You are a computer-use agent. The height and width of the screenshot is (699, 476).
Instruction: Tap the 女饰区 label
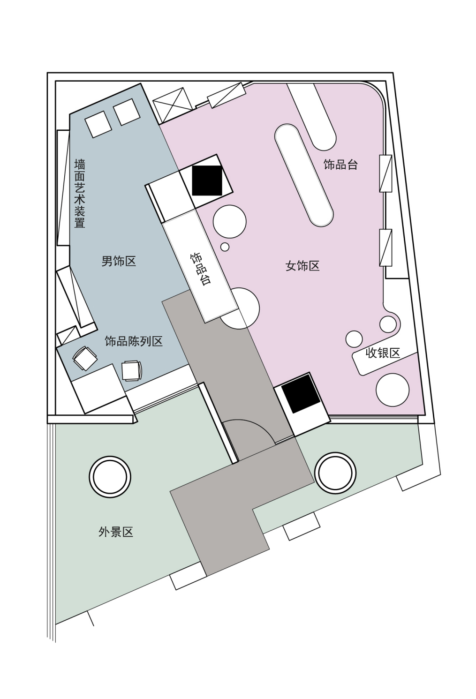click(302, 266)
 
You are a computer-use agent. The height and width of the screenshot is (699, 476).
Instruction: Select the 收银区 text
click(383, 353)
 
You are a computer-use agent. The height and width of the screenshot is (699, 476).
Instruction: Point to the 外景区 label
click(116, 532)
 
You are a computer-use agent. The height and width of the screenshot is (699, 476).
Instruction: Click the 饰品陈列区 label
click(134, 341)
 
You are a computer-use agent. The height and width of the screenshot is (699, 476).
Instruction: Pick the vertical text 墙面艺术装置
click(80, 194)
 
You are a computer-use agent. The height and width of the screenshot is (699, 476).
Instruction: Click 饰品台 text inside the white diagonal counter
click(200, 269)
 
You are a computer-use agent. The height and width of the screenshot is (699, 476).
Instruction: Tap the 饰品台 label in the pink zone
click(340, 165)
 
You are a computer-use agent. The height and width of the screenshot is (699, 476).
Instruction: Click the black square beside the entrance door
click(300, 394)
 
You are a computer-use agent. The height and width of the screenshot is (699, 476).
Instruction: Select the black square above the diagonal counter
click(207, 180)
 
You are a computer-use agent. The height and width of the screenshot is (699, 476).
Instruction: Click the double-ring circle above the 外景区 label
click(110, 476)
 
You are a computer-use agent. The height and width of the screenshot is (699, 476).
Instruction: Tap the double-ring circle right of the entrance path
click(335, 473)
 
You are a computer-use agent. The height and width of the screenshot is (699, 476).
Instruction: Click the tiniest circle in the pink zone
click(225, 247)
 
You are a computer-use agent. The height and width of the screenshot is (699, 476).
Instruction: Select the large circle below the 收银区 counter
click(393, 390)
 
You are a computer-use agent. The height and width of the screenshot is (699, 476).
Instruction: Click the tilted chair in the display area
click(84, 358)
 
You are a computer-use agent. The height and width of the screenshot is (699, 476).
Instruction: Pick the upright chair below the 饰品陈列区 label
click(131, 370)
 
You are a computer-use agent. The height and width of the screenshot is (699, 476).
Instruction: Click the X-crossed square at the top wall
click(173, 105)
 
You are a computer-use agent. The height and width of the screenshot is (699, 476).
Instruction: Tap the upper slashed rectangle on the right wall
click(385, 173)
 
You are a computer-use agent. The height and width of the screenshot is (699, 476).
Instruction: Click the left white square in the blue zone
click(98, 124)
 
